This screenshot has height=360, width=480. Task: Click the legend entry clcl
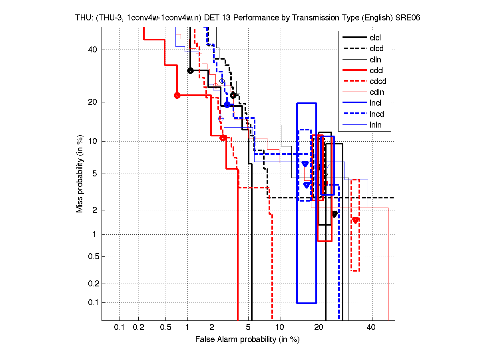(375, 38)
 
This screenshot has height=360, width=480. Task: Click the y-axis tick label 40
(92, 50)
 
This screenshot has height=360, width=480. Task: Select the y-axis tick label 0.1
(90, 302)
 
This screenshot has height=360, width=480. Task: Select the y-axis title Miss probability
(80, 174)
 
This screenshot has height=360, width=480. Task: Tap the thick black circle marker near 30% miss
(190, 71)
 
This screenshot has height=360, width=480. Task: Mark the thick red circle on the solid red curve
(177, 95)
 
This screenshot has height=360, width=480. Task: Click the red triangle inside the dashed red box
(355, 220)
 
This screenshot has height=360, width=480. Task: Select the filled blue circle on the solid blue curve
(227, 105)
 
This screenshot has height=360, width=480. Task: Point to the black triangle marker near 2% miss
(335, 214)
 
